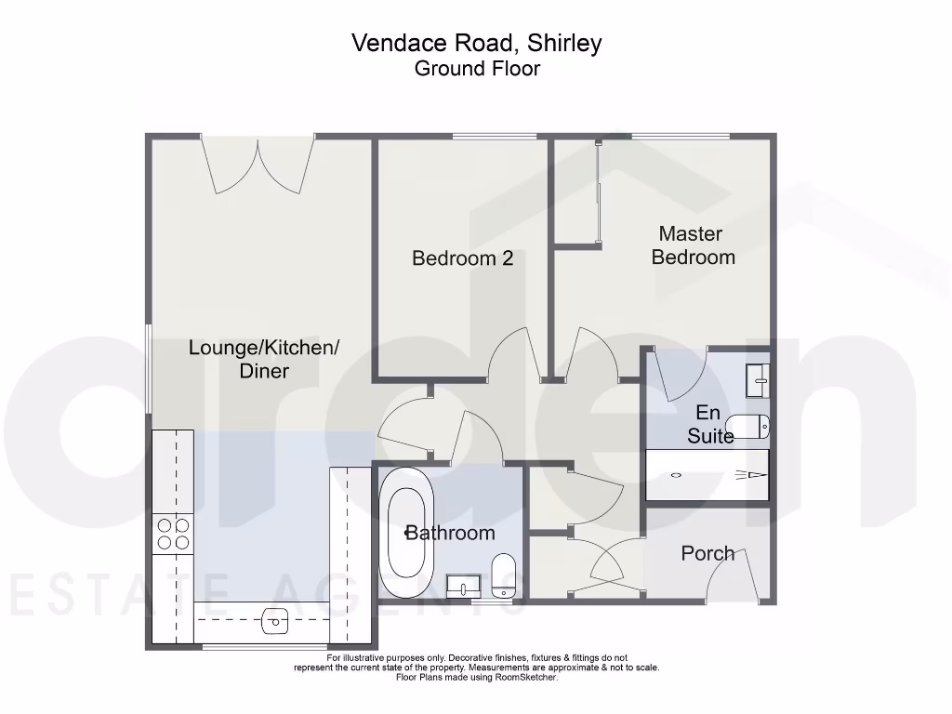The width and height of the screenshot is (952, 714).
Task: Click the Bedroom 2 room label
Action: pyautogui.click(x=462, y=258)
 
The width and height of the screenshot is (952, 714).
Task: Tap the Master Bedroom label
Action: pyautogui.click(x=693, y=245)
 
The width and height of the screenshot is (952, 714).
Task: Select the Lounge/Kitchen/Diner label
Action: pyautogui.click(x=263, y=359)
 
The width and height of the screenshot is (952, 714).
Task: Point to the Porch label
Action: pyautogui.click(x=707, y=553)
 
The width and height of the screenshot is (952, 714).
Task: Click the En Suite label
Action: pyautogui.click(x=709, y=423)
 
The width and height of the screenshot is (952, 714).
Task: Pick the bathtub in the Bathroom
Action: pyautogui.click(x=410, y=533)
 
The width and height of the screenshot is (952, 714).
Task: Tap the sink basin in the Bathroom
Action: pyautogui.click(x=462, y=585)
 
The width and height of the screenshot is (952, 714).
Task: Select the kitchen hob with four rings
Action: pyautogui.click(x=172, y=533)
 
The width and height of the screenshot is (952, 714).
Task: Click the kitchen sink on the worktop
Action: pyautogui.click(x=275, y=620)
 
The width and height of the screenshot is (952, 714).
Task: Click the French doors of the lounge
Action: pyautogui.click(x=258, y=165)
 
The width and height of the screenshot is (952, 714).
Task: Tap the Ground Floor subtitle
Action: pyautogui.click(x=477, y=68)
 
